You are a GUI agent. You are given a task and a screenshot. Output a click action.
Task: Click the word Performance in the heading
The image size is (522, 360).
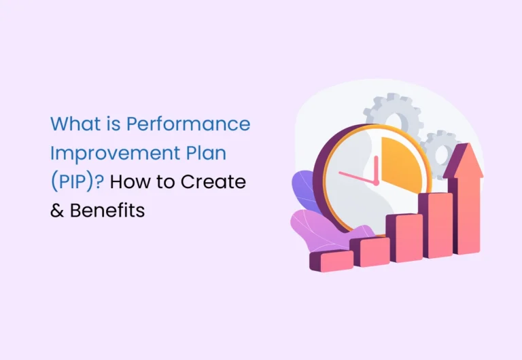click(188, 124)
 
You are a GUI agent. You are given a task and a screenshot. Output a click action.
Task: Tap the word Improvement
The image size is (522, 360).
click(115, 154)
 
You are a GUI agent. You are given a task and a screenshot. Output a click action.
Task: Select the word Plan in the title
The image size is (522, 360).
click(206, 153)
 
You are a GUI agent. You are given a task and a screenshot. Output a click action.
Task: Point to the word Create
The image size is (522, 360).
click(213, 182)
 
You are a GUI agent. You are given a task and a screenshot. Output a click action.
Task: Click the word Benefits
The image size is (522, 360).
click(107, 211)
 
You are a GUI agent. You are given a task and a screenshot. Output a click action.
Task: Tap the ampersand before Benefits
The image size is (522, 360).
click(57, 211)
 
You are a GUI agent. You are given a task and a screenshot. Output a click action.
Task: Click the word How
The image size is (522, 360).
click(130, 182)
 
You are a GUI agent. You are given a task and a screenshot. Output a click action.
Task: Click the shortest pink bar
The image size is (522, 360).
click(332, 261)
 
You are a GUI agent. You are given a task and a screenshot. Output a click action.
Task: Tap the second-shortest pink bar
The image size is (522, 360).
click(370, 251)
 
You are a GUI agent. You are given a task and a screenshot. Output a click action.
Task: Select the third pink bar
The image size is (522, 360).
click(405, 238)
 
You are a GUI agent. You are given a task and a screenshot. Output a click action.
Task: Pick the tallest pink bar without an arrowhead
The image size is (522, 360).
click(436, 225)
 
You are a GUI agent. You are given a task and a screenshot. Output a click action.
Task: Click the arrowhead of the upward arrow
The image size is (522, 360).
click(464, 160)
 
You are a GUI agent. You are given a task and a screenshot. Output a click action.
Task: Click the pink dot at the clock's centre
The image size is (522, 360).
click(376, 183)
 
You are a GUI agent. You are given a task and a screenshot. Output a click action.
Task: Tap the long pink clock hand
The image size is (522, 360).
click(358, 178)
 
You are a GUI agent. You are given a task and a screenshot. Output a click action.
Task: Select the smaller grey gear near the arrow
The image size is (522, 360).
click(439, 151)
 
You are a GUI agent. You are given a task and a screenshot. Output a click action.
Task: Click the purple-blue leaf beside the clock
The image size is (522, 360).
click(304, 190)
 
